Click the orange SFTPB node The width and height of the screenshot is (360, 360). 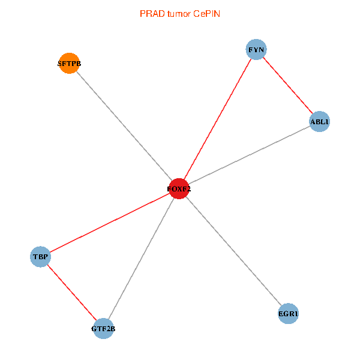(x=69, y=64)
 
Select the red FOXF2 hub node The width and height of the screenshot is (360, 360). (x=179, y=189)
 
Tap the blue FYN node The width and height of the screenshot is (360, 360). (x=256, y=50)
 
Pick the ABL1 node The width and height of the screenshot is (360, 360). (x=319, y=122)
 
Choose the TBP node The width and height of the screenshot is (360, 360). (x=40, y=257)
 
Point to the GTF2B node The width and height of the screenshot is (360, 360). (x=103, y=328)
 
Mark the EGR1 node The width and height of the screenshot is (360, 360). (x=289, y=314)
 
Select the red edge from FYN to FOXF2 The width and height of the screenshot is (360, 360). (x=218, y=119)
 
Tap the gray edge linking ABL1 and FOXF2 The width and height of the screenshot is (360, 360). (x=249, y=155)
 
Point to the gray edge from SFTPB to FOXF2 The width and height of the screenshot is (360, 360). (x=124, y=127)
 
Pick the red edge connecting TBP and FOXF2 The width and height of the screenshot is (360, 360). (x=110, y=223)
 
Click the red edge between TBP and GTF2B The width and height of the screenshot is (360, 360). (x=72, y=293)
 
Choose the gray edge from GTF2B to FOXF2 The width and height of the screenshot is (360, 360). (x=141, y=259)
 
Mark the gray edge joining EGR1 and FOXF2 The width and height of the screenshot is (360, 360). (x=234, y=251)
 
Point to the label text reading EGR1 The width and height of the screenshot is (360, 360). (x=289, y=314)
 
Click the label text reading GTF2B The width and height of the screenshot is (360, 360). (x=103, y=329)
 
